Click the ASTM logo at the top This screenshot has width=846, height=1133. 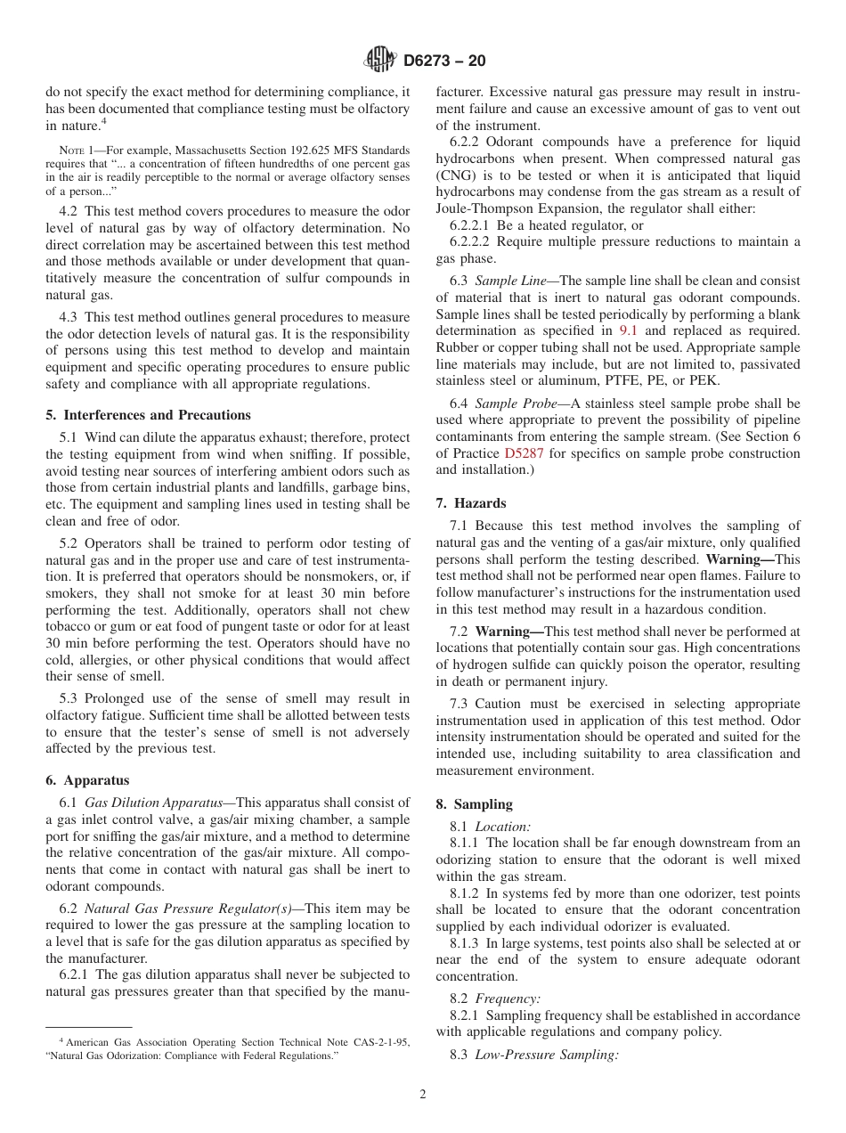pos(380,61)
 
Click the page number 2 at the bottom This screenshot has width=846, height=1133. pos(423,1095)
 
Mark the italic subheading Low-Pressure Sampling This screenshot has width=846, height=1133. pos(545,1055)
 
